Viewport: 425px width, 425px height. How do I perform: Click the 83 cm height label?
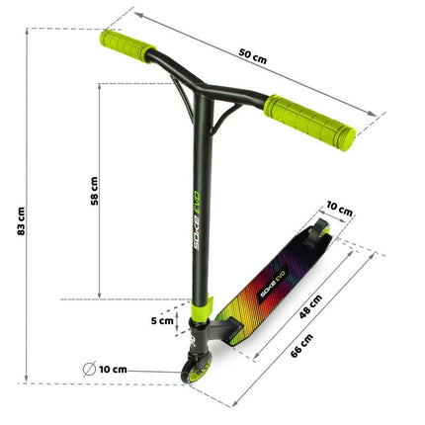click(21, 220)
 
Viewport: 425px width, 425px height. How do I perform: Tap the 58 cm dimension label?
click(94, 191)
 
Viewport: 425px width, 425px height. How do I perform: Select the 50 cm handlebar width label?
click(253, 56)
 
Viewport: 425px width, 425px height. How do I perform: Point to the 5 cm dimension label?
click(162, 320)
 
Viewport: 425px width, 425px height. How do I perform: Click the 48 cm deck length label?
click(310, 306)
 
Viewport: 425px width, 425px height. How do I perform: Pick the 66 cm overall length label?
click(301, 346)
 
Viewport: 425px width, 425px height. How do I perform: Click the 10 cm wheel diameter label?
click(113, 370)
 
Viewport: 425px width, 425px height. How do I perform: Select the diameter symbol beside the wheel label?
click(89, 369)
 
